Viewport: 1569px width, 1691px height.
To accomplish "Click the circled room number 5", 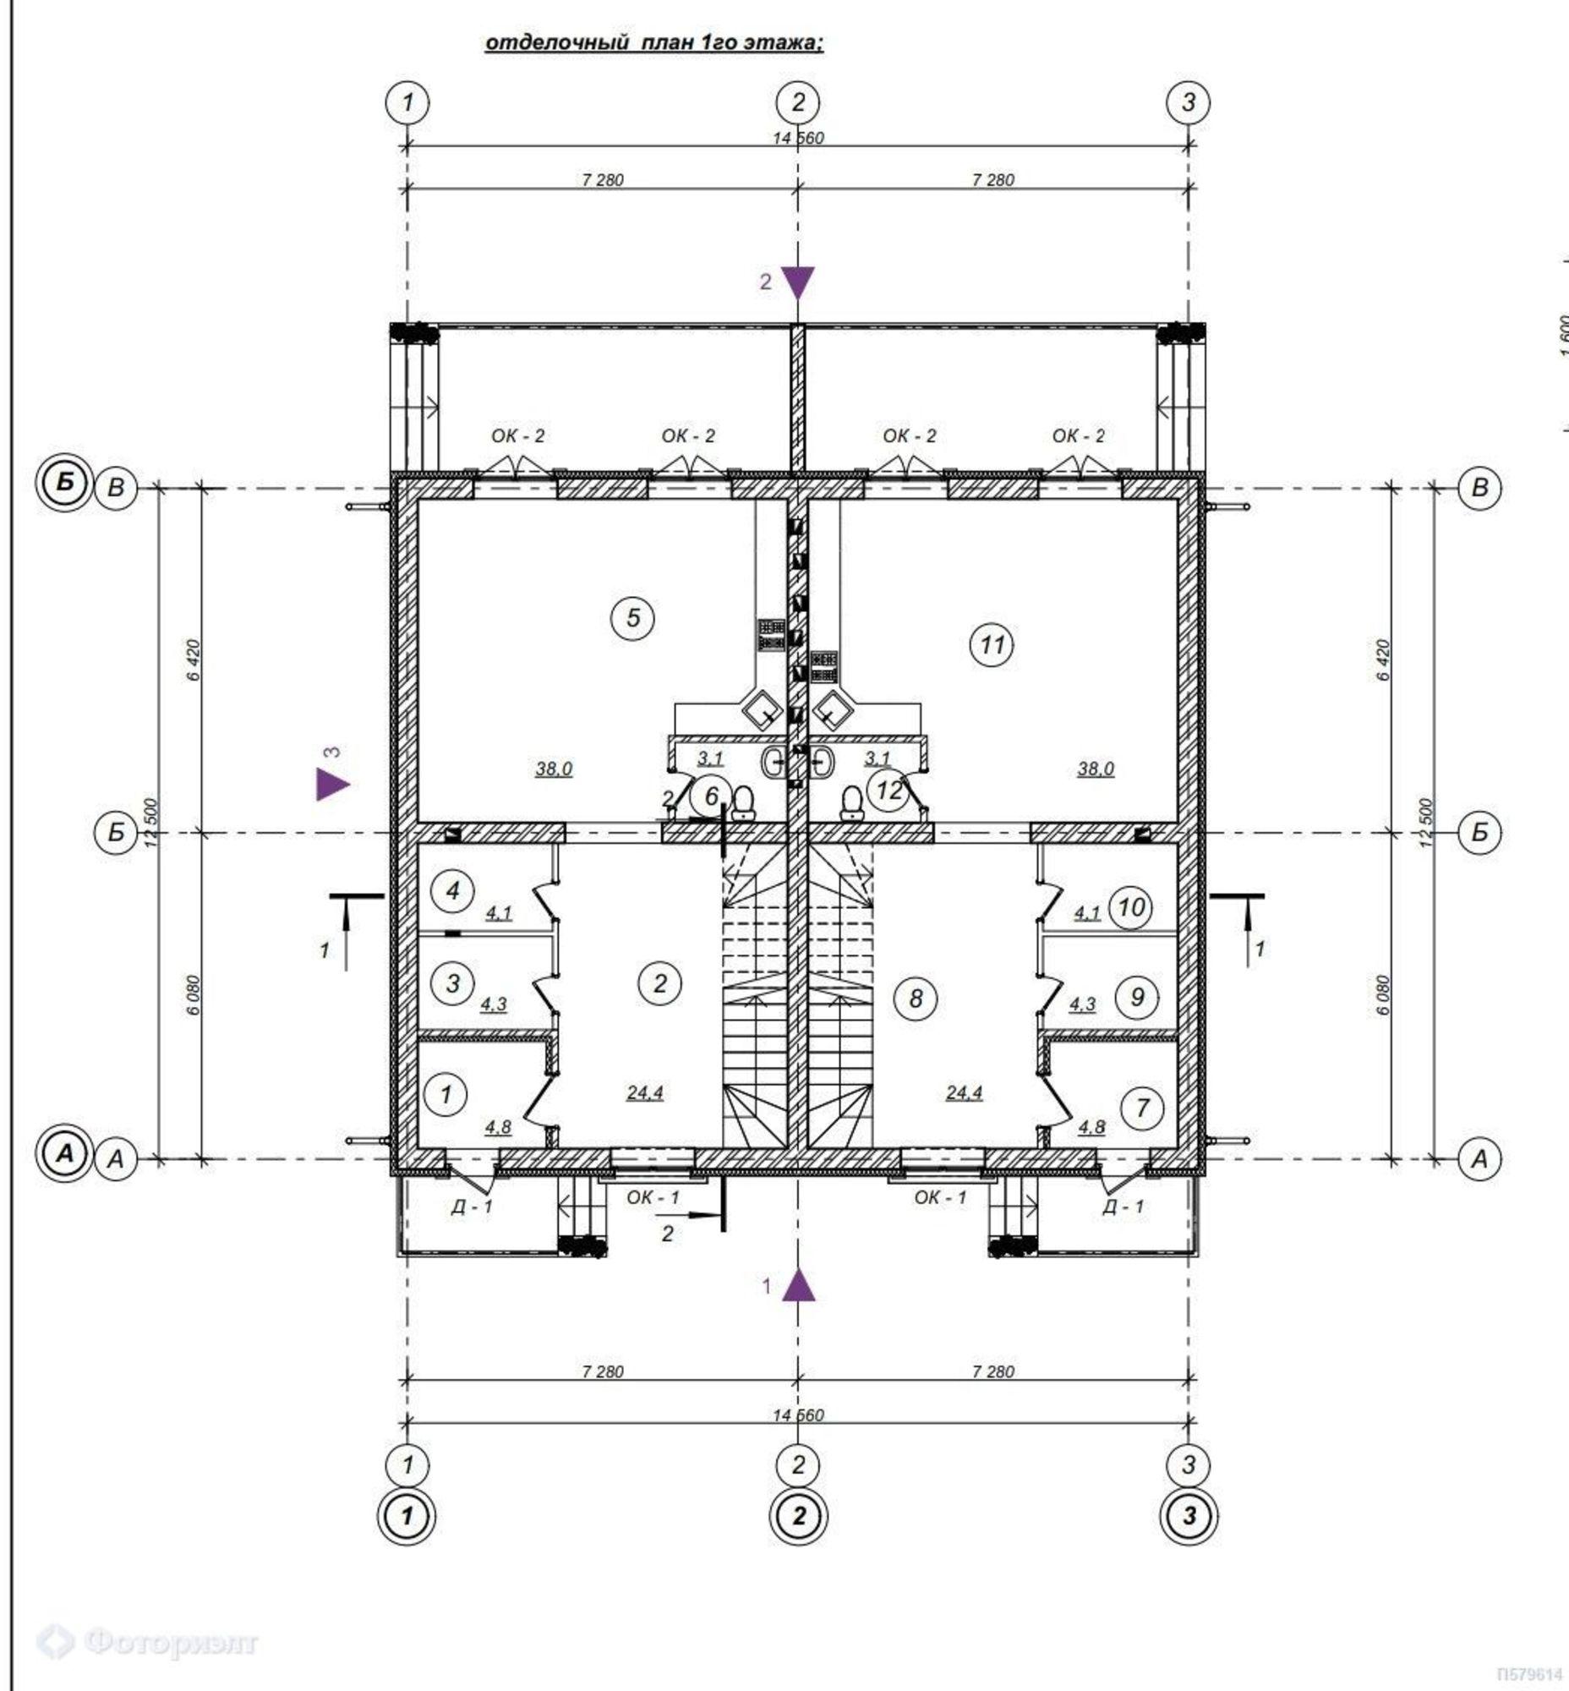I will pyautogui.click(x=632, y=617).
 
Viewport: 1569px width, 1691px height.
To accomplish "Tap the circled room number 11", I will pyautogui.click(x=992, y=644).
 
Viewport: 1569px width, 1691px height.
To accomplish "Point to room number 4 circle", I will pyautogui.click(x=452, y=890).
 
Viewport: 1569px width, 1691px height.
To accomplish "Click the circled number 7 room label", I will pyautogui.click(x=1142, y=1107).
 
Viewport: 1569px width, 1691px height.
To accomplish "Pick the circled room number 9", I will pyautogui.click(x=1137, y=996).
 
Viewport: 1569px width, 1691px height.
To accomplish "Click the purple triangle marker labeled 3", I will pyautogui.click(x=331, y=783).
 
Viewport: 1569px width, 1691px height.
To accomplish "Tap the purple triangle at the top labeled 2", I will pyautogui.click(x=797, y=282).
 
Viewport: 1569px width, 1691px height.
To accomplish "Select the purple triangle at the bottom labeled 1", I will pyautogui.click(x=797, y=1285).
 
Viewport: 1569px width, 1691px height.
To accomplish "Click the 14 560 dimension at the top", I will pyautogui.click(x=797, y=138).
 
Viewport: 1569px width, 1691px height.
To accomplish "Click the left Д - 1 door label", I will pyautogui.click(x=471, y=1206).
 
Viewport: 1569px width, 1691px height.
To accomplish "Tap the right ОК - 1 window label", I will pyautogui.click(x=940, y=1197).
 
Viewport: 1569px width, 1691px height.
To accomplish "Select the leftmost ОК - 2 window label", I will pyautogui.click(x=518, y=435).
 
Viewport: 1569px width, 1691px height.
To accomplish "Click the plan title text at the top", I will pyautogui.click(x=653, y=42).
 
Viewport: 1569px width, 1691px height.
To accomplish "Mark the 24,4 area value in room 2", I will pyautogui.click(x=645, y=1092).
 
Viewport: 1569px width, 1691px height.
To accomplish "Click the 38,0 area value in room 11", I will pyautogui.click(x=1096, y=769).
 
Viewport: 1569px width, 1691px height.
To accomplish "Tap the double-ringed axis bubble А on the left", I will pyautogui.click(x=64, y=1154).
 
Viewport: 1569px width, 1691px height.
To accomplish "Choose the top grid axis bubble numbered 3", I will pyautogui.click(x=1188, y=103).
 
